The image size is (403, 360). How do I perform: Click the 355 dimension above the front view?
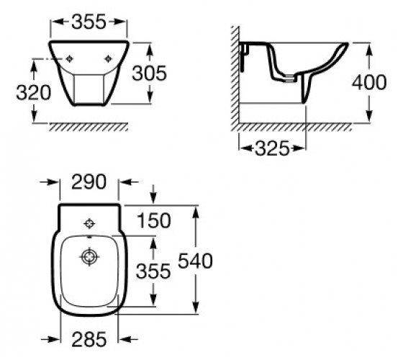(89, 22)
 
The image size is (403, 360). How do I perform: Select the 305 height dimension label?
(150, 73)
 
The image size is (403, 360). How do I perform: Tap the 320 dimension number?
(34, 93)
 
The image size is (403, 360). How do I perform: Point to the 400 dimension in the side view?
(369, 82)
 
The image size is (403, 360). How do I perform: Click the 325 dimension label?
(272, 148)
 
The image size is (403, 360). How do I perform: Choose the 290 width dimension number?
(89, 181)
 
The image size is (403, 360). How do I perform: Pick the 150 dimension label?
(154, 220)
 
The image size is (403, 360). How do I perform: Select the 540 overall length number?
(195, 261)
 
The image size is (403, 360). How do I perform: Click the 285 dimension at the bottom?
(89, 339)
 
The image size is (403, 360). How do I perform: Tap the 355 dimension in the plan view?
(153, 271)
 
